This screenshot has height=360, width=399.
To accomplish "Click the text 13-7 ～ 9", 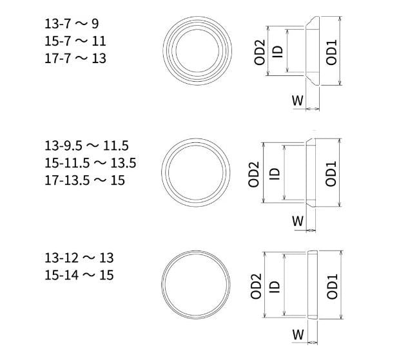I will [72, 24].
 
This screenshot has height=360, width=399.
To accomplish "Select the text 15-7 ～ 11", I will [75, 41].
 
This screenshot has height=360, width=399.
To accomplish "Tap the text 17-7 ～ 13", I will [75, 58].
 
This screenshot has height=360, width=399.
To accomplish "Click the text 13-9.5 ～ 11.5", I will [86, 146].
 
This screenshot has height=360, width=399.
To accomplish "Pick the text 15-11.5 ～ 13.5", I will [90, 163].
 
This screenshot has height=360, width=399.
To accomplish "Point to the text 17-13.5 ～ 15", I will [84, 180].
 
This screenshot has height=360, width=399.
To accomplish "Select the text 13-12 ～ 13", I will [79, 258].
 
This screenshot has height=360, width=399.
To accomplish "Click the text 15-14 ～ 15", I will [79, 276].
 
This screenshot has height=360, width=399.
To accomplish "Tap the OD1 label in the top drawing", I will [331, 52].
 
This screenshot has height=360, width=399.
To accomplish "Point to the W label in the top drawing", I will [297, 100].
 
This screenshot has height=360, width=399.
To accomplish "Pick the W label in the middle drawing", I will [297, 222].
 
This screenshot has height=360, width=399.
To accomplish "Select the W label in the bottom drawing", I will [297, 335].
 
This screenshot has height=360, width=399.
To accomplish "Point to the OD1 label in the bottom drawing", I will [331, 285].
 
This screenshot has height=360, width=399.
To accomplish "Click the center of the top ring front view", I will [197, 50].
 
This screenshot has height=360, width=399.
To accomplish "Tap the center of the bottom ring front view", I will [197, 285].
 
